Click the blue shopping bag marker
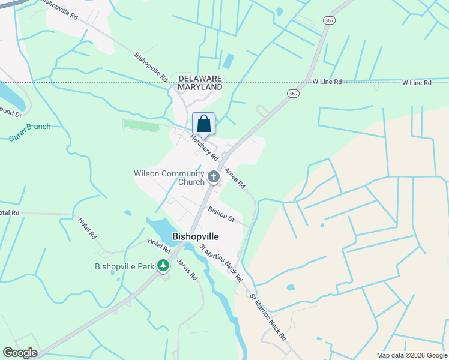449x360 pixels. point(203,124)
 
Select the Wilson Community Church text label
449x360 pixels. point(169,178)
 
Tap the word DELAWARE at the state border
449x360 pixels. point(200,79)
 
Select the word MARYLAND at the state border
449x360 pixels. point(200,87)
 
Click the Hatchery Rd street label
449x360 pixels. point(204,147)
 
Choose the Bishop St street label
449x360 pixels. point(221,214)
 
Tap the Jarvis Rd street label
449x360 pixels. point(187,270)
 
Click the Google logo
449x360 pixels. point(20,353)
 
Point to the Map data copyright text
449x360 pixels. point(412,355)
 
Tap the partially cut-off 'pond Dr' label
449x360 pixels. point(10,112)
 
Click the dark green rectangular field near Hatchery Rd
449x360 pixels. point(141,125)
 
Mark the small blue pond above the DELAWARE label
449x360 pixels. point(228,61)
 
